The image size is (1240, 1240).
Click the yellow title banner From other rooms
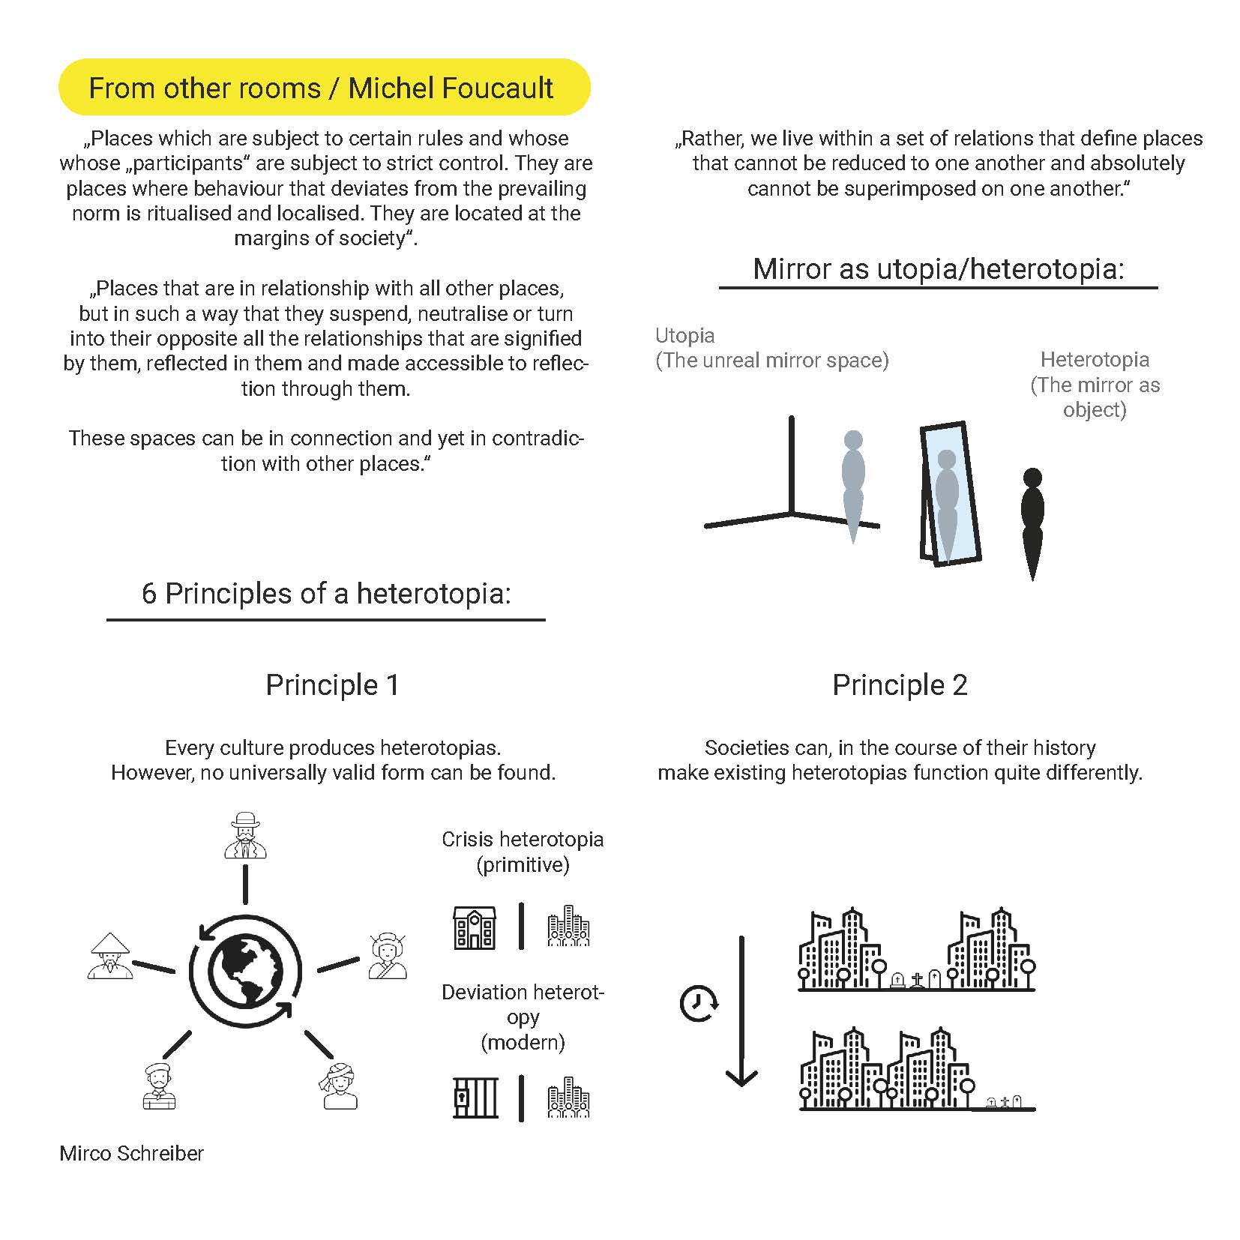pyautogui.click(x=324, y=88)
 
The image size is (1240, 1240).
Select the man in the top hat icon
pyautogui.click(x=245, y=834)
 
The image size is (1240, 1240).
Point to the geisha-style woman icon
pyautogui.click(x=388, y=956)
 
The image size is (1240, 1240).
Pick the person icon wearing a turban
pyautogui.click(x=339, y=1086)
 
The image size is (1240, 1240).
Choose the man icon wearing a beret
pyautogui.click(x=158, y=1086)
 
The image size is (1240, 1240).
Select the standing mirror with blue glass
pyautogui.click(x=949, y=493)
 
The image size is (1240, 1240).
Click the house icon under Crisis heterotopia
pyautogui.click(x=475, y=927)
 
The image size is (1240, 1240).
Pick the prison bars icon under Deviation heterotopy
pyautogui.click(x=475, y=1098)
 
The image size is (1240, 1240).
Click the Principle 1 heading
pyautogui.click(x=332, y=684)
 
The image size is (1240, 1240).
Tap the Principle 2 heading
pyautogui.click(x=900, y=684)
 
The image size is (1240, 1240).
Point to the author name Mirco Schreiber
pyautogui.click(x=131, y=1153)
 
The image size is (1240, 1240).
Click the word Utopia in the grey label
pyautogui.click(x=684, y=335)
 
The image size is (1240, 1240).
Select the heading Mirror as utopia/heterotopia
pyautogui.click(x=939, y=268)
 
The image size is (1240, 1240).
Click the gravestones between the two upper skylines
pyautogui.click(x=915, y=979)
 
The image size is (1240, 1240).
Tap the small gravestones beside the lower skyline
pyautogui.click(x=1005, y=1101)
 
